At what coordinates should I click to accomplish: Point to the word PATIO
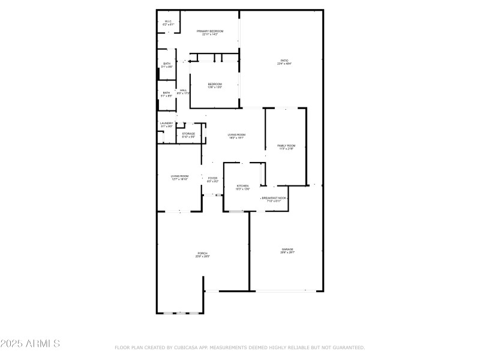point(284,61)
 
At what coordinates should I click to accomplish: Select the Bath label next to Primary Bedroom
point(167,65)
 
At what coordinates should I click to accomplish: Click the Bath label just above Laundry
point(166,94)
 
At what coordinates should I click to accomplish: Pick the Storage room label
point(188,134)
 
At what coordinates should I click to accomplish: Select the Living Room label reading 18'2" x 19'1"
point(236,136)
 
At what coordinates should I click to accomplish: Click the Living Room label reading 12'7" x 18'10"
point(179,177)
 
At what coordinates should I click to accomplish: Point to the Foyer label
point(212,179)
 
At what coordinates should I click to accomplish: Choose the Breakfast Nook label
point(274,199)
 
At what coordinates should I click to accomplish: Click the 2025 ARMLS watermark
point(30,344)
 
